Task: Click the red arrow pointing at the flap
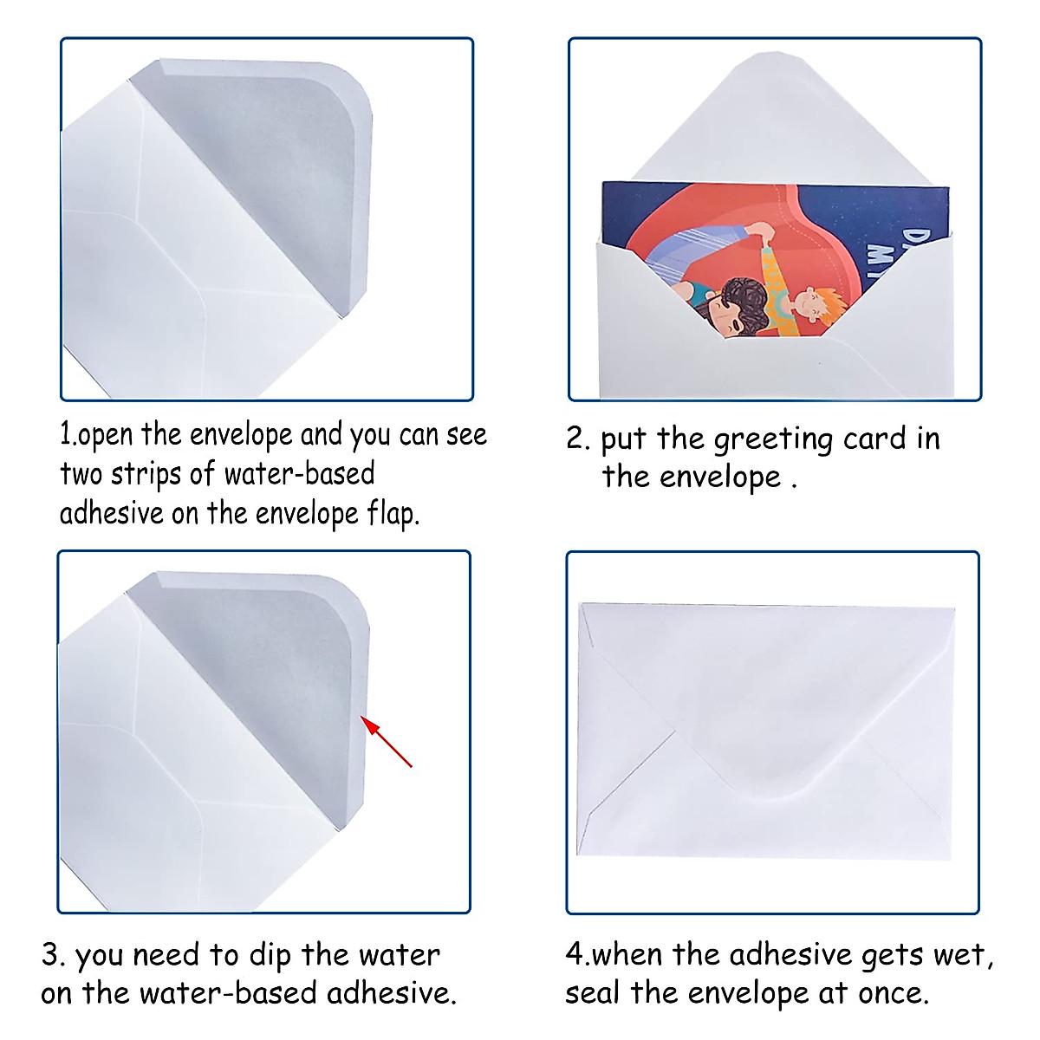[387, 743]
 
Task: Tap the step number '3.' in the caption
[53, 956]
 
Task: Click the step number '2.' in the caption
[577, 439]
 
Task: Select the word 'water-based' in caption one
[300, 474]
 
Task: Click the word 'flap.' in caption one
[393, 514]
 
